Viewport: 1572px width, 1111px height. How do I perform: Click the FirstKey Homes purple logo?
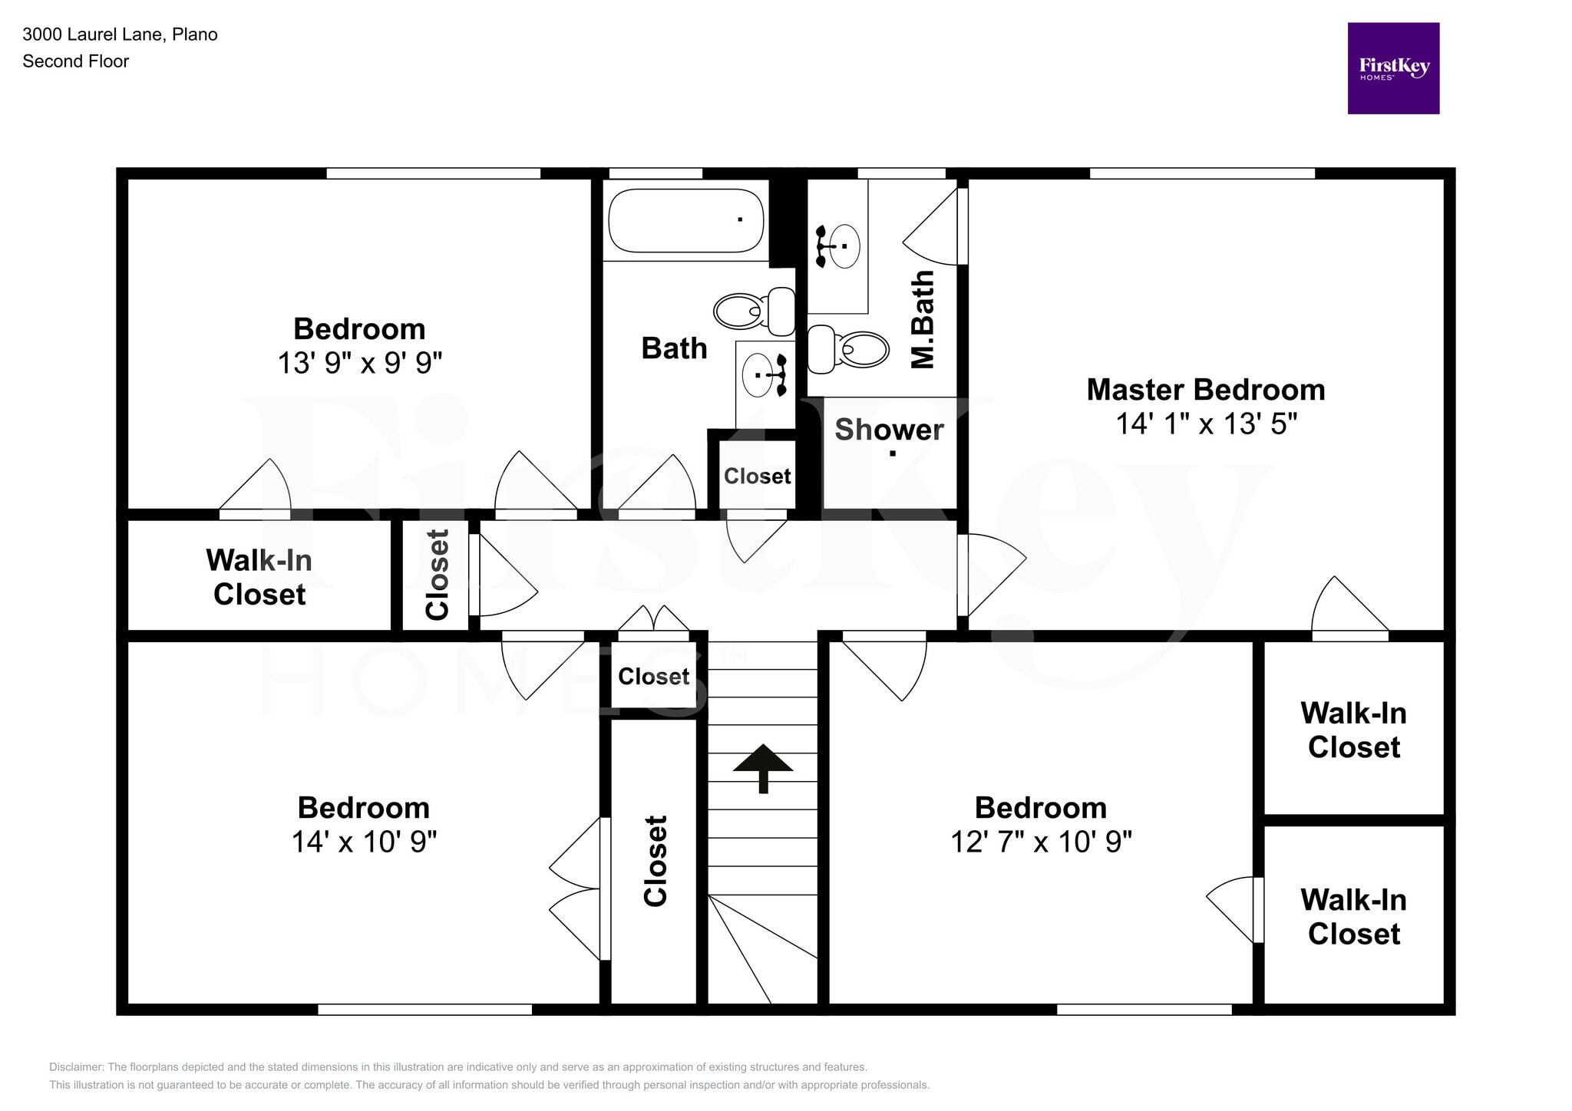pyautogui.click(x=1392, y=68)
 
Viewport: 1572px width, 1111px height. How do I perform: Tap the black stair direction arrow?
pyautogui.click(x=762, y=766)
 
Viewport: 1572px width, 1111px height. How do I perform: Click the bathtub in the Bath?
pyautogui.click(x=685, y=220)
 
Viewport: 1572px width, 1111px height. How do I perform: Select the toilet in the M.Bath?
pyautogui.click(x=849, y=349)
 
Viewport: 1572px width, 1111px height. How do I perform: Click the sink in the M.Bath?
pyautogui.click(x=843, y=246)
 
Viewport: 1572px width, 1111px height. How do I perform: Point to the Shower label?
pyautogui.click(x=889, y=430)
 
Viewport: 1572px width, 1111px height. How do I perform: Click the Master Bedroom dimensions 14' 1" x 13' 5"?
pyautogui.click(x=1205, y=424)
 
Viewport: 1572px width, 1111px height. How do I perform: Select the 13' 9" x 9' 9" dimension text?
pyautogui.click(x=359, y=363)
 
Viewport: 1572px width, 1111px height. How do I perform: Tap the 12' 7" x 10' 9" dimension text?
pyautogui.click(x=1040, y=842)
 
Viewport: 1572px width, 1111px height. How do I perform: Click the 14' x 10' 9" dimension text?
pyautogui.click(x=363, y=842)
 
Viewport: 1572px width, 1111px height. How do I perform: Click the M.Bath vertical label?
pyautogui.click(x=923, y=319)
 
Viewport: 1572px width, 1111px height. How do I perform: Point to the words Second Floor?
pyautogui.click(x=75, y=61)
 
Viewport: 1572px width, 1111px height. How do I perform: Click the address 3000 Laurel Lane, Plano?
pyautogui.click(x=120, y=35)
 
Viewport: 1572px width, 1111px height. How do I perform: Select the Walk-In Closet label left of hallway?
pyautogui.click(x=259, y=577)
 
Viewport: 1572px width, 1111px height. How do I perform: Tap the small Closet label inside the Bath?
pyautogui.click(x=757, y=476)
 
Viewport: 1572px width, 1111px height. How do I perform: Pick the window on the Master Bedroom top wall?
pyautogui.click(x=1202, y=173)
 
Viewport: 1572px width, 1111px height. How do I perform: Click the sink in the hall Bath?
pyautogui.click(x=759, y=375)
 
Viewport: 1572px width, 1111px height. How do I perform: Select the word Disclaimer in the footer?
pyautogui.click(x=76, y=1066)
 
